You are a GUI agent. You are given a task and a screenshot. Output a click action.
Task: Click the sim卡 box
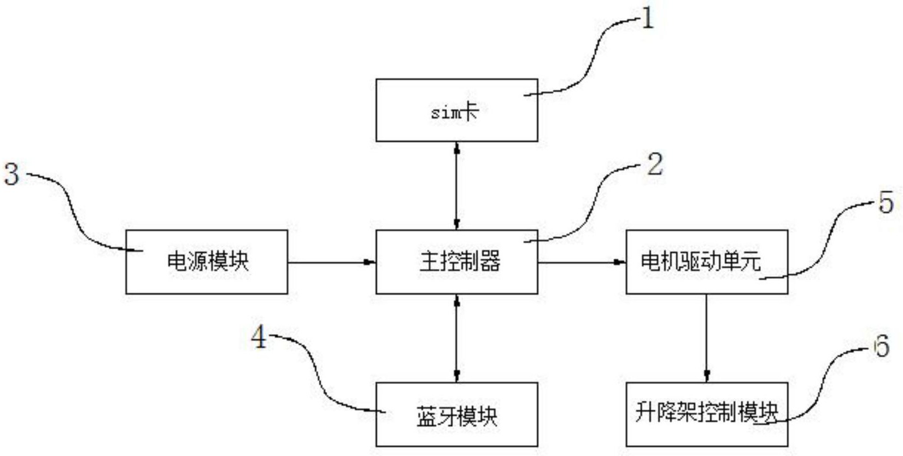coord(456,110)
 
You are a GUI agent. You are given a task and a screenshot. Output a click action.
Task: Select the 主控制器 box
coord(456,262)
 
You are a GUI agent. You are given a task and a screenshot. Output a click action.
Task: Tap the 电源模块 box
coord(207,262)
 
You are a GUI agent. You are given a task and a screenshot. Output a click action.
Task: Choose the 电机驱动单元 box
coord(706,262)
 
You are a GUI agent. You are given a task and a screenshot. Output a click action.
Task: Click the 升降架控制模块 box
coord(706,414)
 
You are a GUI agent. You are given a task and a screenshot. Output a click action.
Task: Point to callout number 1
coord(647,19)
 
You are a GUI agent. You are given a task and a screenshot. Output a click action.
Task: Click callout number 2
coord(654,164)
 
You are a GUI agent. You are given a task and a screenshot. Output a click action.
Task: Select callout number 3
coord(12,174)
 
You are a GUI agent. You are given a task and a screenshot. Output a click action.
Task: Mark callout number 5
coord(886,203)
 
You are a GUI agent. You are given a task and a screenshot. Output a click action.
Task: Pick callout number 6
coord(882,346)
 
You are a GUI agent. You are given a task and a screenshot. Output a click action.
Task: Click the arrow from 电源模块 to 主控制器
coord(331,262)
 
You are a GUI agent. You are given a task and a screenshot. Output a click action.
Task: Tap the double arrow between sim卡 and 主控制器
coord(456,186)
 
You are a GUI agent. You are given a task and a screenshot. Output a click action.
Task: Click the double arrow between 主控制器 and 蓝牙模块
coord(456,338)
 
